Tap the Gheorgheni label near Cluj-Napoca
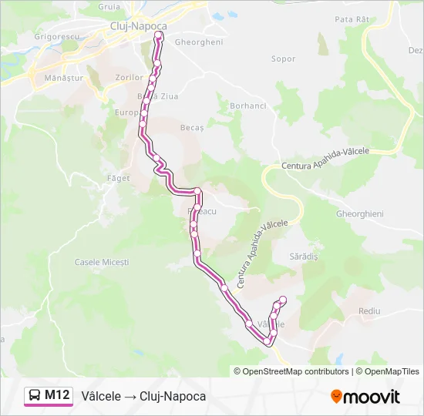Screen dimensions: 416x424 (200, 42)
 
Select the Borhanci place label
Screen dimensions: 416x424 (247, 105)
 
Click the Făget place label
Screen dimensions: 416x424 (119, 178)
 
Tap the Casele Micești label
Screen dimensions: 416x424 (101, 262)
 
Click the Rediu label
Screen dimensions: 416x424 (369, 310)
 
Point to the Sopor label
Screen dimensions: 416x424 (284, 59)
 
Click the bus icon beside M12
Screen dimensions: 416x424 (35, 396)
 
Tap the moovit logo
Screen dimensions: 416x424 (365, 397)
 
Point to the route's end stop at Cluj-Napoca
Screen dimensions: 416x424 (160, 35)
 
